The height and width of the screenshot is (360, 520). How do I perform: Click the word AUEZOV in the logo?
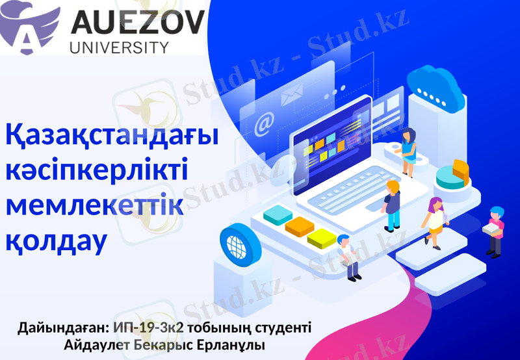click(136, 25)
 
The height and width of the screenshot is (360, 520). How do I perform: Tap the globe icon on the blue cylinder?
click(236, 244)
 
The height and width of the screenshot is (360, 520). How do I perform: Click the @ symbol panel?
click(264, 123)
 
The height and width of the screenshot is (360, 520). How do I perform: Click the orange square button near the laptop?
click(300, 226)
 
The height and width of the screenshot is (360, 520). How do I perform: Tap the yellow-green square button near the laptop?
click(321, 238)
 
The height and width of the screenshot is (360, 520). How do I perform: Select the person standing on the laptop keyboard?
click(392, 205)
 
